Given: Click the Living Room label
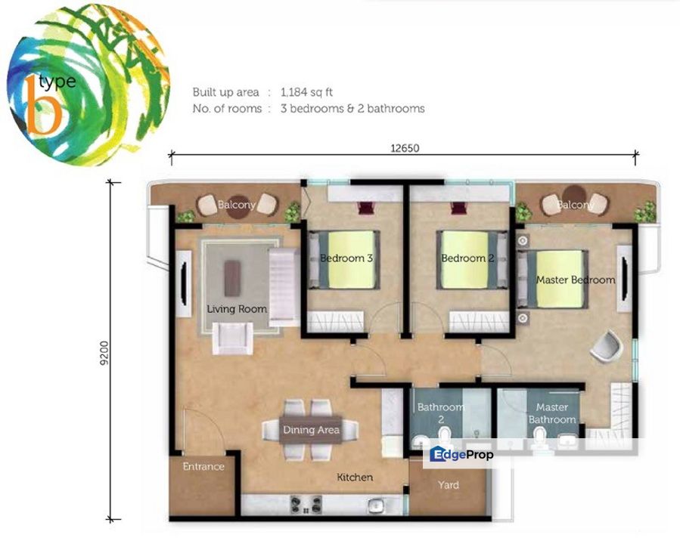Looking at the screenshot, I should point(237,308).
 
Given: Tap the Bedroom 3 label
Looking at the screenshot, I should point(346,258).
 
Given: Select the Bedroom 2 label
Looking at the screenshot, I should point(467,258).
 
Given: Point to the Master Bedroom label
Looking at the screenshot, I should point(575,280).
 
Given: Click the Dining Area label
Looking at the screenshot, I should point(311,430).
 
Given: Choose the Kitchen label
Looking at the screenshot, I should point(355,477).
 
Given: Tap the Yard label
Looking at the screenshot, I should point(449,484).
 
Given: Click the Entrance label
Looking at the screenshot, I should point(203,466).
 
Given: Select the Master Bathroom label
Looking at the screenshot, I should point(551,413).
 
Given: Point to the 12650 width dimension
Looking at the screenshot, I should point(404,148).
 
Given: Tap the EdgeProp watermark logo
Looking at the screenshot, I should point(461,455).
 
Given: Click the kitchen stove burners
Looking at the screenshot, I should point(306,503).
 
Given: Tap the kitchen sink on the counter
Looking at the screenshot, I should point(373,505).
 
